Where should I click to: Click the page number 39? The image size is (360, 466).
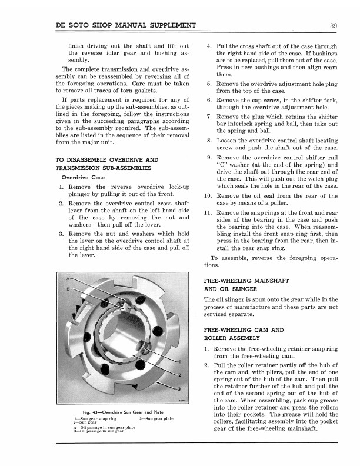(332, 25)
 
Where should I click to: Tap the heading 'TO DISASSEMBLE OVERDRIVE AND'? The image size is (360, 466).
(106, 159)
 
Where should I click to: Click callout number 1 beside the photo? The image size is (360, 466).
(179, 360)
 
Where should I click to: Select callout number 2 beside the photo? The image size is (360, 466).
(179, 374)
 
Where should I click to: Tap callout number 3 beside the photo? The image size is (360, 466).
(179, 388)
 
